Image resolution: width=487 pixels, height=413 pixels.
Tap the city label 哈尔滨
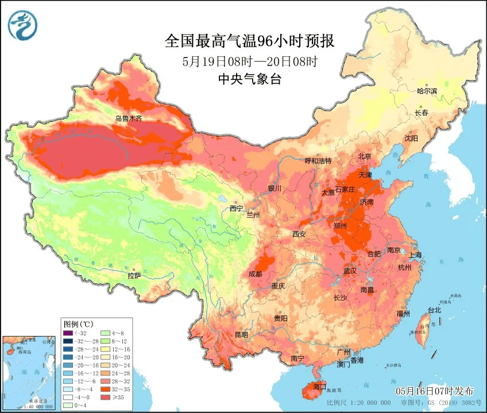(427, 91)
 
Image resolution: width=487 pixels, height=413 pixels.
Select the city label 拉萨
(134, 276)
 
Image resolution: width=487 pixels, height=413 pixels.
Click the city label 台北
(434, 310)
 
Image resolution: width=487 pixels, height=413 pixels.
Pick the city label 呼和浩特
(318, 160)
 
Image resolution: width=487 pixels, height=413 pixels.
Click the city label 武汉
(350, 270)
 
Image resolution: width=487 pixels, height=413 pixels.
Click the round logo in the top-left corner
(22, 25)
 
